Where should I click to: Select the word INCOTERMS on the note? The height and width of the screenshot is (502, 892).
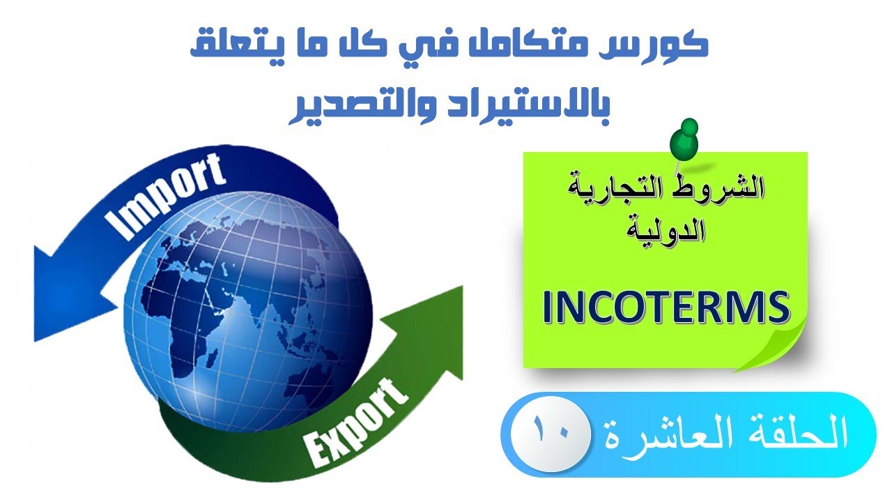(666, 309)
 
